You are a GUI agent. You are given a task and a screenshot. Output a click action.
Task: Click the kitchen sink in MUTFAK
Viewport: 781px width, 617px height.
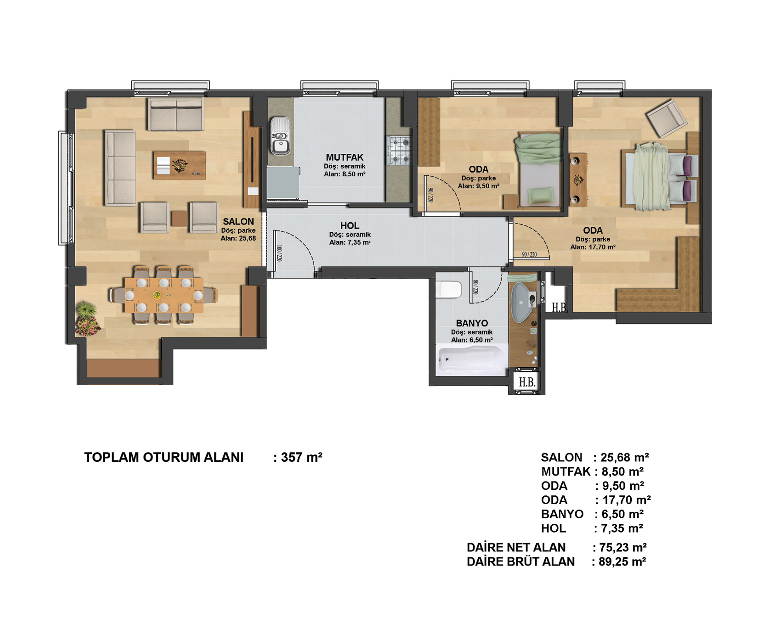coord(280,136)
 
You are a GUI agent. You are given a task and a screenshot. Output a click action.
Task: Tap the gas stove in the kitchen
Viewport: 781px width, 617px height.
coord(400,151)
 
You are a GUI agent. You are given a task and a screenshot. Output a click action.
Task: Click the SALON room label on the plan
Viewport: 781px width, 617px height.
coord(238,221)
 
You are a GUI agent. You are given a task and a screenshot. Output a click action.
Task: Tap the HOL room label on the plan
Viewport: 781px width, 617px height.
coord(350,225)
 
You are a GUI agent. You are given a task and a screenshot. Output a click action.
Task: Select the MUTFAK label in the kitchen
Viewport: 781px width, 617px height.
coord(345,157)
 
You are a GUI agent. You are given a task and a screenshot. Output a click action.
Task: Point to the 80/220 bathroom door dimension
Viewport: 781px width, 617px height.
coord(475,287)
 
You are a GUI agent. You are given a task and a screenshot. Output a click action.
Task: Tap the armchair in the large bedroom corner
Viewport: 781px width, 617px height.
coord(667,118)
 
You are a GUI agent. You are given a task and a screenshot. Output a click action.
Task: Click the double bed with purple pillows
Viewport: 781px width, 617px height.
coord(660,177)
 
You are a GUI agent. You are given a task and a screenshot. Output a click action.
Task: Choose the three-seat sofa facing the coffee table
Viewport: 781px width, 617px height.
coord(120,168)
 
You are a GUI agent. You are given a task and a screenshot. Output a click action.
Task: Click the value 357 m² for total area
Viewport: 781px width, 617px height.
coord(302,457)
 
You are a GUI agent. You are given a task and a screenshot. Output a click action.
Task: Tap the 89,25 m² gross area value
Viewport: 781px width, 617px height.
coord(623,561)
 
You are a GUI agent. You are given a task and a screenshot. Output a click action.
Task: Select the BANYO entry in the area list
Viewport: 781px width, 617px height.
coord(562,514)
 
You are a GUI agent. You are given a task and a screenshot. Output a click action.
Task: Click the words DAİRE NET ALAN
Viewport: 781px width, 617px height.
coord(516,547)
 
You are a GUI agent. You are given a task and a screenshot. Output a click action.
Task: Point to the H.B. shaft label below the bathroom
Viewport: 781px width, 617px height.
coord(527,382)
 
